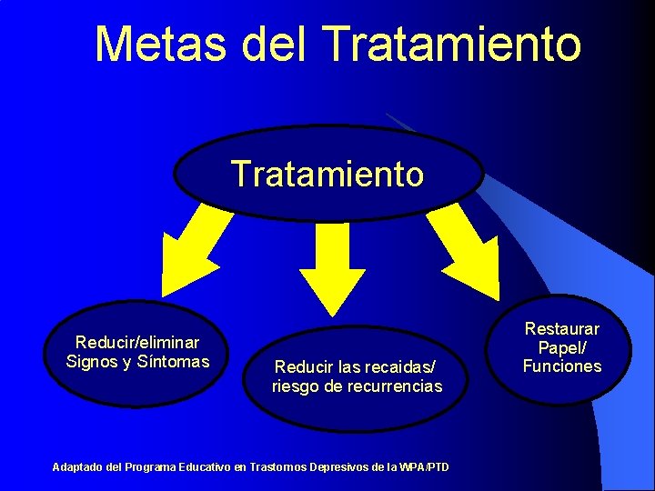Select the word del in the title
(270, 44)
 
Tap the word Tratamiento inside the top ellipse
(327, 173)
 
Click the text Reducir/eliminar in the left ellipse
(137, 343)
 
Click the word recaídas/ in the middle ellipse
(398, 367)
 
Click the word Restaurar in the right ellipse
(561, 328)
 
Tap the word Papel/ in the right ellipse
(561, 347)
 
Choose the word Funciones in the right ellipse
(561, 366)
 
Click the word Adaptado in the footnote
(78, 467)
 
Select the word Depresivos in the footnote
(336, 467)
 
